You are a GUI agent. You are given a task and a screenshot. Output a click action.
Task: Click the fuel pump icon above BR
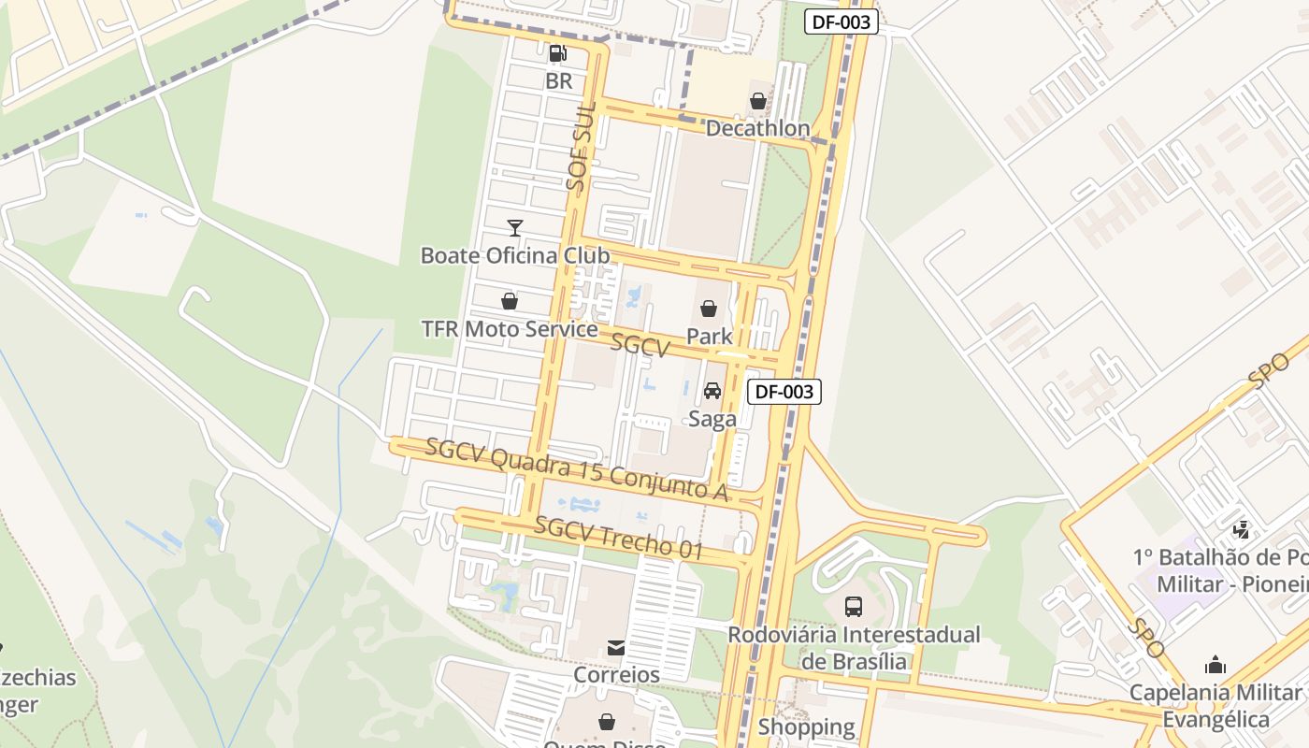[x=558, y=53]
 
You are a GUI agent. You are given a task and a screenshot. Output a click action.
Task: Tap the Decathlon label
[x=757, y=128]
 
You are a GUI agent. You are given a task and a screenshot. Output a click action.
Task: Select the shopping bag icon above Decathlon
[x=758, y=101]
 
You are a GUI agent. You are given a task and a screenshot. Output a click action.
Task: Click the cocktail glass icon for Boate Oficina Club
[x=514, y=227]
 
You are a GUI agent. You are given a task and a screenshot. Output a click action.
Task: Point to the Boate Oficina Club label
[x=515, y=255]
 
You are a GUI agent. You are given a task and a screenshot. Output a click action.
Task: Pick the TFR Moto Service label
[x=510, y=329]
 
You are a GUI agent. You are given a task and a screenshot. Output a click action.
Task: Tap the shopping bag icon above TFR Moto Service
[x=510, y=301]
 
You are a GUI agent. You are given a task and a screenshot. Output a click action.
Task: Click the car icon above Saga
[x=712, y=391]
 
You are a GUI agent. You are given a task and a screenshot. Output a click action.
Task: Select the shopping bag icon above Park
[x=709, y=309]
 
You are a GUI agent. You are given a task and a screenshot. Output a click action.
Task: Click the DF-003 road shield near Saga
[x=784, y=392]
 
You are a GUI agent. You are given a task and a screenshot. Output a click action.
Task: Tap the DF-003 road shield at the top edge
[x=841, y=22]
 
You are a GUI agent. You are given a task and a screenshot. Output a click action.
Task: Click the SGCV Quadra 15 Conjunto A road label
[x=576, y=470]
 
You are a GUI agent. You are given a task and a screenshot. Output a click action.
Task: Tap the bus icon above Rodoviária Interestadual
[x=854, y=606]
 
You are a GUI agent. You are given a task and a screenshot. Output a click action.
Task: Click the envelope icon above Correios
[x=616, y=647]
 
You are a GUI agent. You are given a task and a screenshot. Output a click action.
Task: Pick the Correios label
[x=616, y=674]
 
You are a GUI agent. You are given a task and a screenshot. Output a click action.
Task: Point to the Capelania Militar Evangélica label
[x=1215, y=706]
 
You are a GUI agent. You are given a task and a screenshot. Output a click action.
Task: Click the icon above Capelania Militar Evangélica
[x=1215, y=665]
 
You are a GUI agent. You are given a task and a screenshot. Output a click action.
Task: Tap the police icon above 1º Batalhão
[x=1242, y=530]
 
